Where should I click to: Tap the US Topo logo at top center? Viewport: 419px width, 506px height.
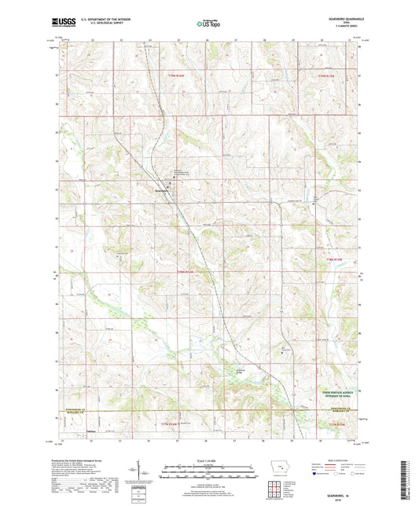click(208, 24)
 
